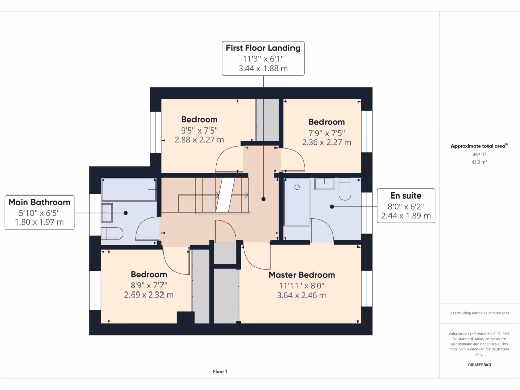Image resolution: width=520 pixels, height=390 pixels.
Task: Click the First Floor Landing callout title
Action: tap(263, 48)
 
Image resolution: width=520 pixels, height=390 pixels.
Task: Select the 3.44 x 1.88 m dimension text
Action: tap(263, 68)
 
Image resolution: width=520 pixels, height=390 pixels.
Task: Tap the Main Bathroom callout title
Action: tap(39, 202)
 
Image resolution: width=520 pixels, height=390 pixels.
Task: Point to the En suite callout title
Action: tap(406, 196)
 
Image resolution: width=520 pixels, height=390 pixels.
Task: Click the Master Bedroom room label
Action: tap(302, 275)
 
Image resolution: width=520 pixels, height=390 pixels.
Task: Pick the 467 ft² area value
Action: tap(479, 154)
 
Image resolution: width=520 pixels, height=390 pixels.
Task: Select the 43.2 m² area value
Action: tap(479, 162)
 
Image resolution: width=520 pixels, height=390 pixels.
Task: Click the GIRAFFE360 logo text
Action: tap(479, 365)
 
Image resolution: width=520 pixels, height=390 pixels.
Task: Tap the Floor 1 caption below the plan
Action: tap(220, 372)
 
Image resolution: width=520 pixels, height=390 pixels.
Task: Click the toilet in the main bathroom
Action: tap(112, 234)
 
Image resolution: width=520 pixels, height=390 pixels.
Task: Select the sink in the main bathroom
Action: tap(108, 212)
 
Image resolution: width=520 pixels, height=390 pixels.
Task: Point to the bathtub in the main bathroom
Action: tap(128, 189)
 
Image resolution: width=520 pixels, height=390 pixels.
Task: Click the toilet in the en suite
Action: tap(345, 188)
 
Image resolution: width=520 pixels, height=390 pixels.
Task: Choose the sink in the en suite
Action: tap(324, 183)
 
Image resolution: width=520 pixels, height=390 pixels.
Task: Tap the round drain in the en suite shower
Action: tap(297, 187)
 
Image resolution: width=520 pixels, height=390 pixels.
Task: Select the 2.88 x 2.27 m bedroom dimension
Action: tap(200, 140)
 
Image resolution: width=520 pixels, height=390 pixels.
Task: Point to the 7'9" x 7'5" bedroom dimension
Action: tap(327, 133)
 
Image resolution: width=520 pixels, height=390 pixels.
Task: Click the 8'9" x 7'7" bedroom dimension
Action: tap(149, 285)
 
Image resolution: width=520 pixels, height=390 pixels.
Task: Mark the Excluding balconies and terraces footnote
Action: tap(479, 313)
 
